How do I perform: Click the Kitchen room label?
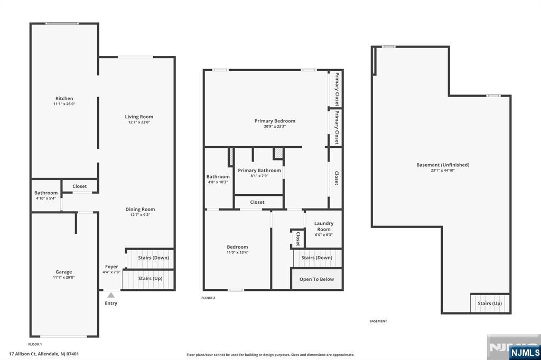point(64,98)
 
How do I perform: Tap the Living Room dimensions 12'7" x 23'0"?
point(139,122)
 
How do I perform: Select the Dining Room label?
point(140,210)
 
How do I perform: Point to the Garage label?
point(64,272)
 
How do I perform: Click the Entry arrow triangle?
point(111,295)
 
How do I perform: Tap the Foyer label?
point(111,267)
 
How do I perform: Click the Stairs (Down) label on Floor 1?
point(154,258)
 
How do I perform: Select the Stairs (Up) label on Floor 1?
point(150,278)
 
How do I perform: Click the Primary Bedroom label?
point(275,121)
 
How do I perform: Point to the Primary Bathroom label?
point(259,170)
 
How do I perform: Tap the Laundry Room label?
point(324,226)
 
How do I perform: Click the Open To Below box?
point(317,279)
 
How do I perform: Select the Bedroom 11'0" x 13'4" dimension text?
point(237,252)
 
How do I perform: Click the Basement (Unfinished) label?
point(443,165)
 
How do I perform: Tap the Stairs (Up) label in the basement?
point(490,304)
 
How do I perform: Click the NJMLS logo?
point(525,352)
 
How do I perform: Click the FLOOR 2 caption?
point(208,298)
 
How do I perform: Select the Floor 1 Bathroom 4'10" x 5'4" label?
point(46,195)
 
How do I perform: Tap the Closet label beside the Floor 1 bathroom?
point(80,186)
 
